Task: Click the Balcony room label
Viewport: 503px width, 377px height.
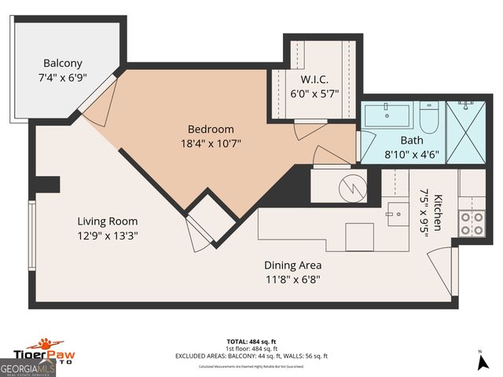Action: pyautogui.click(x=63, y=63)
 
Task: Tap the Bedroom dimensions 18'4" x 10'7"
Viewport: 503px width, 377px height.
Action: pyautogui.click(x=211, y=144)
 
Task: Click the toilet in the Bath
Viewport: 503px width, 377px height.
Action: pyautogui.click(x=429, y=118)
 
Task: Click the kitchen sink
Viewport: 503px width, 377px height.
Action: pyautogui.click(x=395, y=211)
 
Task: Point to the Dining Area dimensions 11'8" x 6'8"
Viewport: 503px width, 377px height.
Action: pyautogui.click(x=292, y=279)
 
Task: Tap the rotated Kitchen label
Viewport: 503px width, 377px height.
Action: pyautogui.click(x=439, y=212)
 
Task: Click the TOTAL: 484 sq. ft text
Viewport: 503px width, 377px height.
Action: pyautogui.click(x=251, y=341)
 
